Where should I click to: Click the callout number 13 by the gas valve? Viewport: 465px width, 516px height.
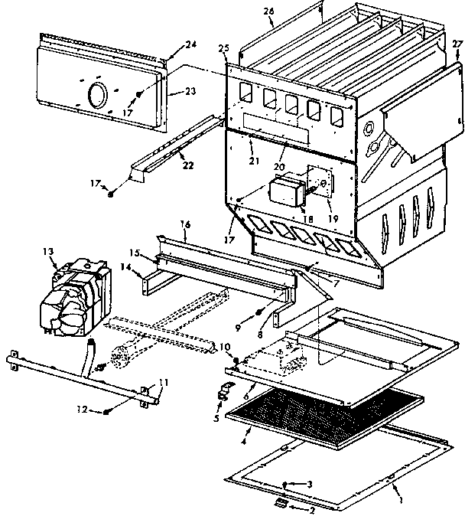[50, 251]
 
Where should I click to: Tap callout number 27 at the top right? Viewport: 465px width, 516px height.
[457, 44]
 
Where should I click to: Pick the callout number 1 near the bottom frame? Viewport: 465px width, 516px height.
[402, 501]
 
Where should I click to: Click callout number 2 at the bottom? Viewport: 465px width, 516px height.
[311, 511]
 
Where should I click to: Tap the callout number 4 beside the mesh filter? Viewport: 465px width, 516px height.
[244, 441]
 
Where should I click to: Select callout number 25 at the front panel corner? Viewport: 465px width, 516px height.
[223, 48]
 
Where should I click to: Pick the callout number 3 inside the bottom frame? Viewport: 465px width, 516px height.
[310, 485]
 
